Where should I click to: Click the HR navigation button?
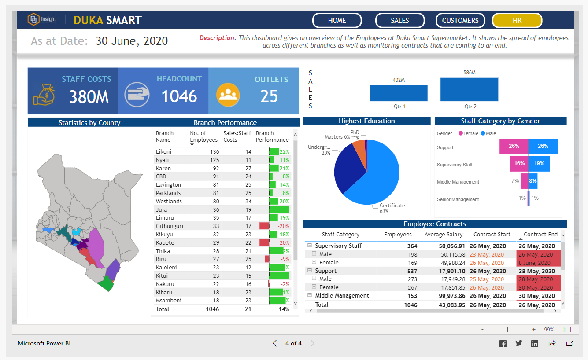517,20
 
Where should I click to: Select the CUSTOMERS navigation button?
460,20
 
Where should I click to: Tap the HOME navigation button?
337,20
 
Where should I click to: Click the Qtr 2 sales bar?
469,90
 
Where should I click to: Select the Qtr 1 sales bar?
398,93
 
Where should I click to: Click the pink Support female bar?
514,147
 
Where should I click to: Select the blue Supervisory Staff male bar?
539,163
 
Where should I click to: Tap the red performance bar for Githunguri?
264,226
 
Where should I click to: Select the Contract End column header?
540,235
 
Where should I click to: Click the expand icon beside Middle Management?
310,296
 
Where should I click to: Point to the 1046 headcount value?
179,96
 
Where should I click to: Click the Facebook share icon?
503,344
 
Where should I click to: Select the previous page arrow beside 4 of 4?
274,343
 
